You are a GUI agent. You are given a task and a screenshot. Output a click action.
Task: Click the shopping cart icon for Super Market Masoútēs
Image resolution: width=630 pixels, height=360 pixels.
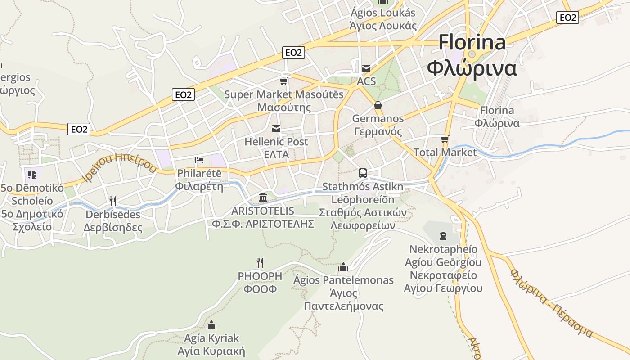click(x=283, y=81)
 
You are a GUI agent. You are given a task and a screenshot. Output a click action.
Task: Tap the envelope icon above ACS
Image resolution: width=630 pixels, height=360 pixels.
click(x=366, y=68)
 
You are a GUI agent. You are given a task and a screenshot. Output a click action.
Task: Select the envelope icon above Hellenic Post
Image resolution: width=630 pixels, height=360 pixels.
click(x=276, y=129)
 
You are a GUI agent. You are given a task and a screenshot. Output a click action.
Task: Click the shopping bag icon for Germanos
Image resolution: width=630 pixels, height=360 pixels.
click(x=378, y=105)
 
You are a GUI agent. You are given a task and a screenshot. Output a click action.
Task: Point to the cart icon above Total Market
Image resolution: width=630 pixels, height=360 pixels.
click(x=445, y=139)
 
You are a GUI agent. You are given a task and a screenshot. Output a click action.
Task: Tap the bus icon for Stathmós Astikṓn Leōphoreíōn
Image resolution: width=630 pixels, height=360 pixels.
click(x=362, y=173)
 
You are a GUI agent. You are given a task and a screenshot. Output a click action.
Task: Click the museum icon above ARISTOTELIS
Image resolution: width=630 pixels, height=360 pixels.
click(x=263, y=197)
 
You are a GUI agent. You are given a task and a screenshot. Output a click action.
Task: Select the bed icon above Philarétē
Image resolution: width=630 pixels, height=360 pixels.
click(x=199, y=160)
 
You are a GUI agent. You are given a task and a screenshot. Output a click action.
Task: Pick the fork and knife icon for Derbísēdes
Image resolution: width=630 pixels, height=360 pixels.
click(x=113, y=201)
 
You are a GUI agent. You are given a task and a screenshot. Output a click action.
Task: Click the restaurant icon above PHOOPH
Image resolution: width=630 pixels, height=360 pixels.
click(x=260, y=262)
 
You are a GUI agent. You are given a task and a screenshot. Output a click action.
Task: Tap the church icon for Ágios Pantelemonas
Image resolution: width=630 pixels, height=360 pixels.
click(x=343, y=267)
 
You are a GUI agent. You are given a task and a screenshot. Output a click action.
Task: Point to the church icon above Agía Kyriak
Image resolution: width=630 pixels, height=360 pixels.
click(x=211, y=324)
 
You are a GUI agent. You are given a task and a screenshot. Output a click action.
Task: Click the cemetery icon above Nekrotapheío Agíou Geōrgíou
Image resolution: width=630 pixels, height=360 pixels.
click(x=443, y=235)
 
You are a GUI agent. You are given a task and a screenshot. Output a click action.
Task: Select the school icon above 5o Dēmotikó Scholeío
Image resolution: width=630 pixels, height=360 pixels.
click(x=31, y=174)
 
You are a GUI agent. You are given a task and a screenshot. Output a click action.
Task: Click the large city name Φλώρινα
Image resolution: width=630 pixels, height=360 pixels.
click(x=472, y=69)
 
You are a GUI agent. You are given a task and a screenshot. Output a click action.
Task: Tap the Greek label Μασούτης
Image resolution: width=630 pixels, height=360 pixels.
click(x=284, y=108)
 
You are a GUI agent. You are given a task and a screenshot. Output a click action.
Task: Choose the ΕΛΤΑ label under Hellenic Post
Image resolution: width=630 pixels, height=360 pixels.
click(x=276, y=154)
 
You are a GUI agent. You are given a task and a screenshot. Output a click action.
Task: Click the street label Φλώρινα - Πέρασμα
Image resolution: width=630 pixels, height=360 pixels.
click(x=551, y=304)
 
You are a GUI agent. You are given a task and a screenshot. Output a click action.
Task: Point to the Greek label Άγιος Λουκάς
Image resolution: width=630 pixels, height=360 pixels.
click(x=383, y=26)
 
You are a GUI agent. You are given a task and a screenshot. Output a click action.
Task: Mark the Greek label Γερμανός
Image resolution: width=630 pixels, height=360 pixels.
click(x=378, y=132)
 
